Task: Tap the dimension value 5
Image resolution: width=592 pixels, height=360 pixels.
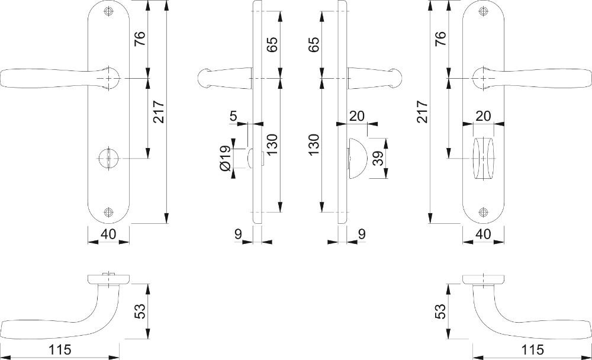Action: click(x=234, y=115)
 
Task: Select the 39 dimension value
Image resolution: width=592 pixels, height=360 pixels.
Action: click(x=378, y=158)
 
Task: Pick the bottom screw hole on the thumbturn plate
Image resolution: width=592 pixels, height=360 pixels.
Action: click(x=483, y=212)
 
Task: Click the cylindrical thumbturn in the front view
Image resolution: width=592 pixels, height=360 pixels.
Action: click(x=483, y=159)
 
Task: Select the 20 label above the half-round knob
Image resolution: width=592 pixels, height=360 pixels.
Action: click(x=357, y=115)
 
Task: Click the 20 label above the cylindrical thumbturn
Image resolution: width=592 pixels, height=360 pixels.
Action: click(x=483, y=115)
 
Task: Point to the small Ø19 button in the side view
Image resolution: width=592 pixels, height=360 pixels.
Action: click(x=251, y=158)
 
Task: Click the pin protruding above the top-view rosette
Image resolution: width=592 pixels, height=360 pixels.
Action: click(x=109, y=274)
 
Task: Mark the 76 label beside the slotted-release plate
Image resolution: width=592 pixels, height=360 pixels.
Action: click(x=139, y=38)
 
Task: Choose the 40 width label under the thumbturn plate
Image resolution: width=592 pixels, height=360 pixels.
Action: click(x=483, y=234)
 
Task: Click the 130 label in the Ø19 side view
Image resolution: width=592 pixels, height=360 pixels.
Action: click(x=272, y=144)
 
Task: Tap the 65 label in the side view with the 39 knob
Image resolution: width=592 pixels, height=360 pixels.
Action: click(x=314, y=44)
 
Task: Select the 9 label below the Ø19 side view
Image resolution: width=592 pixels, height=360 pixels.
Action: click(x=238, y=234)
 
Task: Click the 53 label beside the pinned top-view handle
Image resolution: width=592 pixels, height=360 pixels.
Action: click(x=140, y=311)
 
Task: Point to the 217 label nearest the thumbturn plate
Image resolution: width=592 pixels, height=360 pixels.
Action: click(x=423, y=111)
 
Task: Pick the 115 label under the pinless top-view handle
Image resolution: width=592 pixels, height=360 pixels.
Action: click(x=532, y=350)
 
